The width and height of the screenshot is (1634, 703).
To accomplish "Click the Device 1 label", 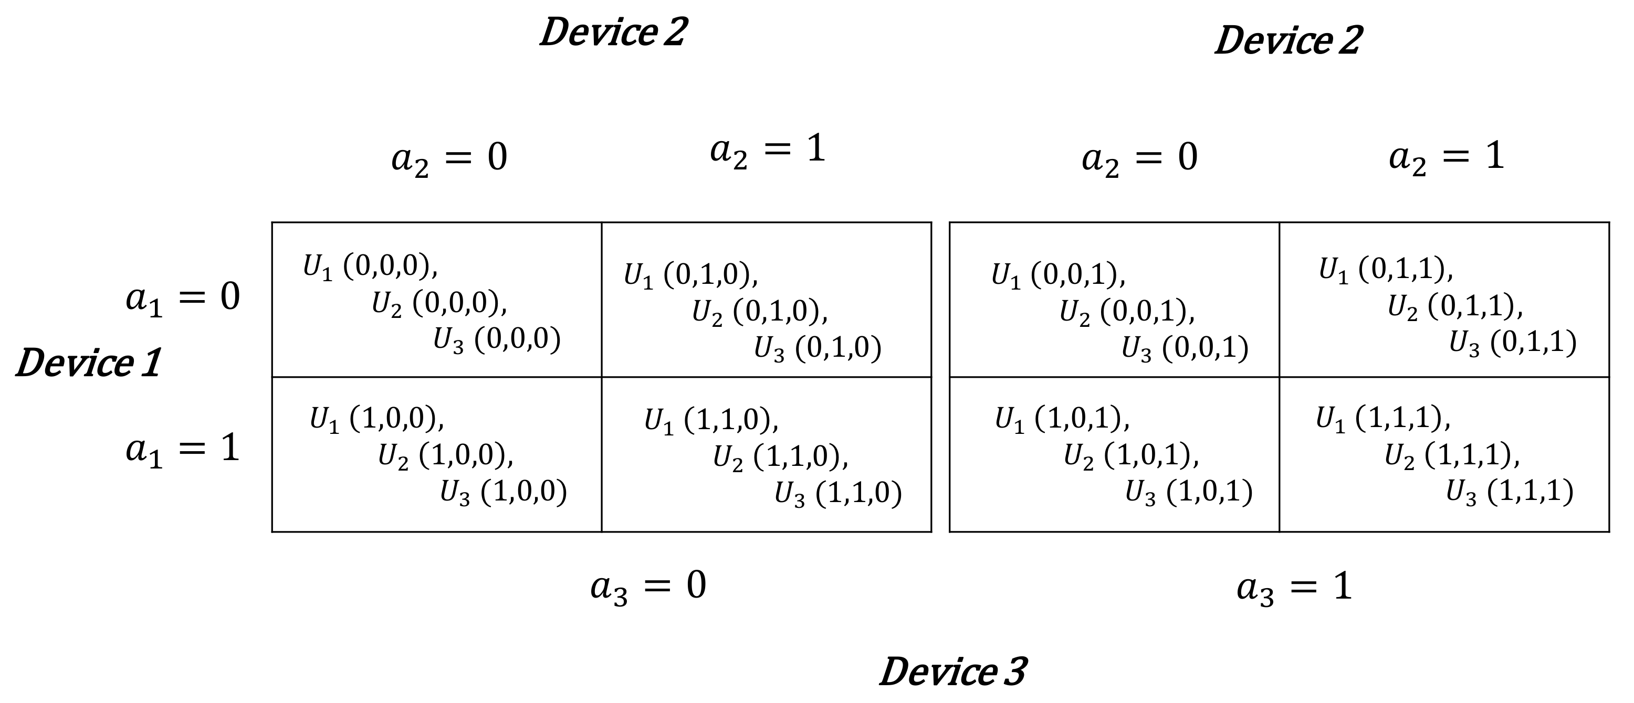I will click(x=88, y=363).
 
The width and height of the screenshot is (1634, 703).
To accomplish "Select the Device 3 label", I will click(x=953, y=672).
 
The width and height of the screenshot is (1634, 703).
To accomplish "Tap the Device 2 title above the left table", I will click(x=613, y=31).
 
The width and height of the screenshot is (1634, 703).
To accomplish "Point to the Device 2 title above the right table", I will click(x=1287, y=40).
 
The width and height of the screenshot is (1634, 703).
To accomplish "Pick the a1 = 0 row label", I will click(x=183, y=297).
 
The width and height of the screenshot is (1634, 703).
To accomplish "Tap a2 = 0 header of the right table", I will click(x=1139, y=158).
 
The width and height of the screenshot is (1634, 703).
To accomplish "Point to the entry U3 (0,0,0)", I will click(x=497, y=340).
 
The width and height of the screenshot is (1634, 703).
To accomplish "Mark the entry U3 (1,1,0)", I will click(x=837, y=494).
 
